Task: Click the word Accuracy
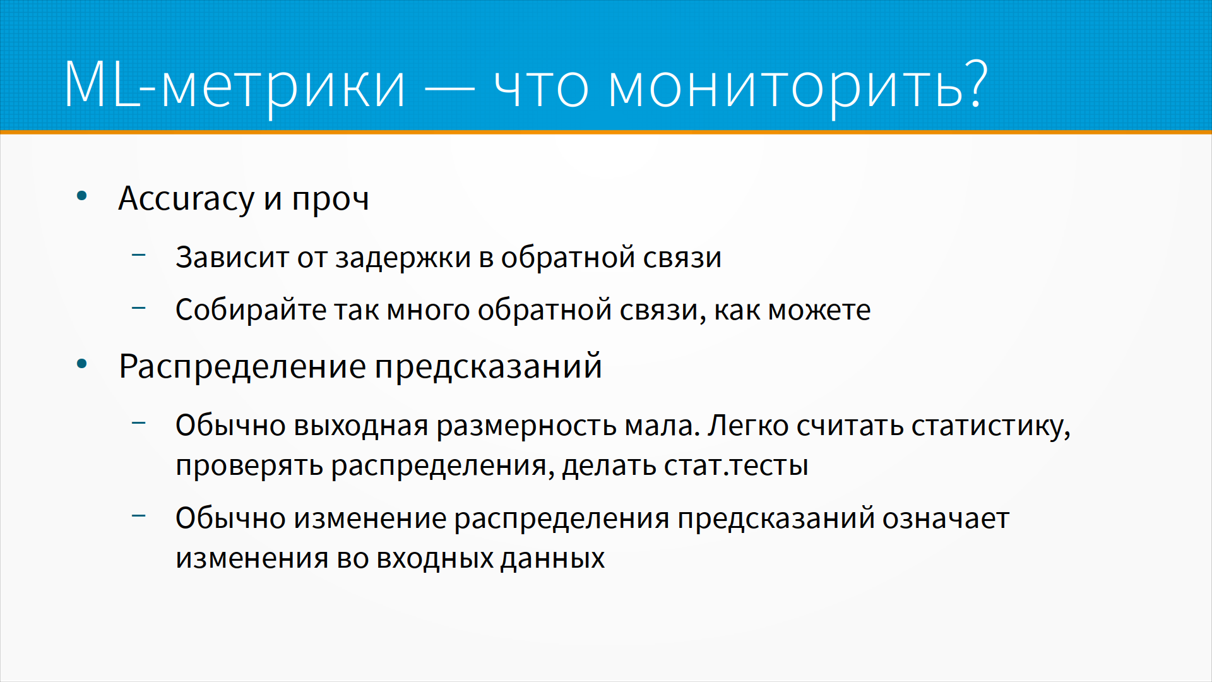186,199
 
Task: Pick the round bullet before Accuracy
81,196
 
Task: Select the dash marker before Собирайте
139,308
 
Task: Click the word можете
819,310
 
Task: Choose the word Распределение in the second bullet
242,367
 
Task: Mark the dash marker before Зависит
139,255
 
